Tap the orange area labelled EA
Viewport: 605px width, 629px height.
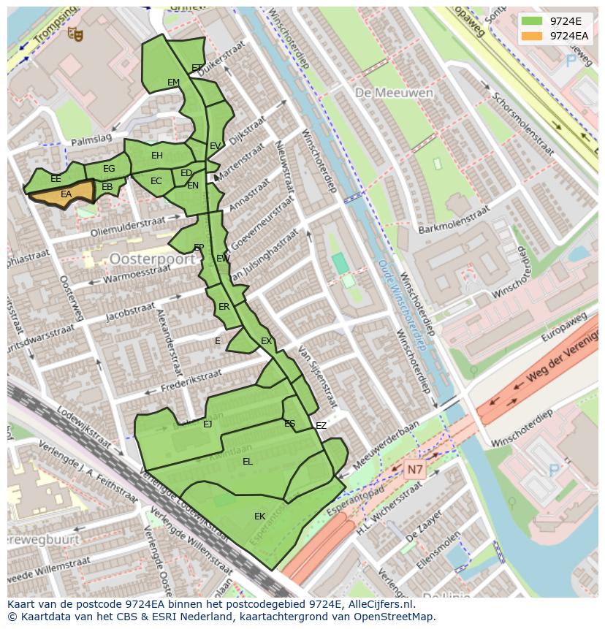tap(66, 194)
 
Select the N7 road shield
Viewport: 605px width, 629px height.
tap(414, 470)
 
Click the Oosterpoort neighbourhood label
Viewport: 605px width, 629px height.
tap(152, 259)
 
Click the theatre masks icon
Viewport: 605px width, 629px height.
tap(75, 33)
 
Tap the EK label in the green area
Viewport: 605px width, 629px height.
tap(259, 516)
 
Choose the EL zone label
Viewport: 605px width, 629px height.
tap(247, 462)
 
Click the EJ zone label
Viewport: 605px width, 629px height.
tap(208, 424)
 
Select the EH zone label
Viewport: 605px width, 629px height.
tap(156, 156)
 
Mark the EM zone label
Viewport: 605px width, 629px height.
tap(173, 83)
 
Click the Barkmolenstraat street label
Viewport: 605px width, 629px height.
tap(453, 219)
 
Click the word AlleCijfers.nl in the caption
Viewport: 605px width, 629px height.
tap(378, 604)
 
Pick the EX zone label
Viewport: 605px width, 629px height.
tap(266, 341)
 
